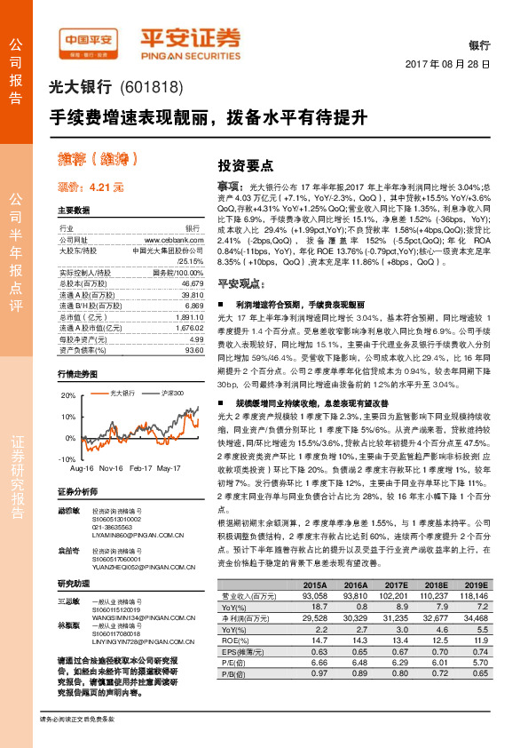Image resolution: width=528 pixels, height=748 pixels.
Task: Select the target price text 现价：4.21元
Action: [91, 187]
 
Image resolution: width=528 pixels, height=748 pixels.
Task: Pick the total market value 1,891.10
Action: [189, 315]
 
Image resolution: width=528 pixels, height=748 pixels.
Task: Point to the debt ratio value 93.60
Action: [193, 350]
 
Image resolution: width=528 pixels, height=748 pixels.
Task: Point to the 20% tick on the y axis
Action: [69, 394]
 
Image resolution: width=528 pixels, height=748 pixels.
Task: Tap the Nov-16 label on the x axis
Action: [112, 468]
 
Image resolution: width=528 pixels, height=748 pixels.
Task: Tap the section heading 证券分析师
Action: [81, 491]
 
